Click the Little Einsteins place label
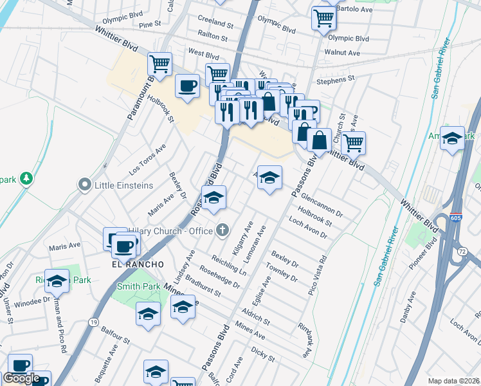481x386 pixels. click(x=124, y=185)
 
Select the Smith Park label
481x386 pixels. click(x=138, y=286)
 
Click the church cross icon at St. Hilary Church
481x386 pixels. click(x=222, y=229)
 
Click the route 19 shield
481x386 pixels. click(x=93, y=322)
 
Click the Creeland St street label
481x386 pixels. click(x=216, y=23)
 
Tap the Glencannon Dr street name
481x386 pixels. click(x=321, y=205)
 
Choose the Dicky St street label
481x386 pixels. click(x=263, y=354)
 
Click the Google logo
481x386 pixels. click(x=21, y=378)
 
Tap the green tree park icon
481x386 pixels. click(x=25, y=178)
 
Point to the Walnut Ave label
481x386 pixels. click(x=342, y=53)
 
